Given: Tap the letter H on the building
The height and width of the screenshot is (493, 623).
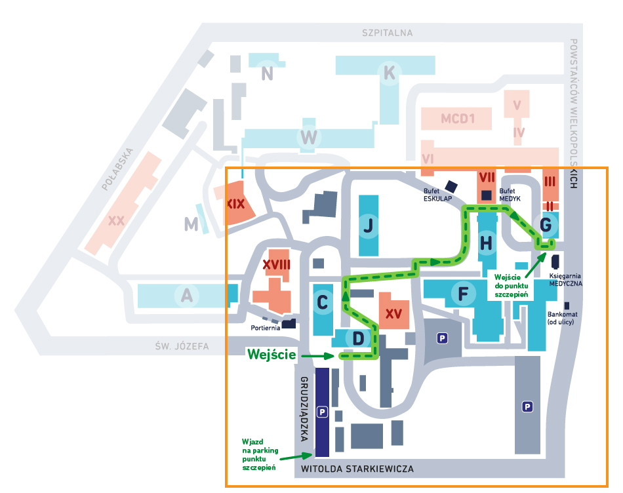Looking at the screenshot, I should [486, 243].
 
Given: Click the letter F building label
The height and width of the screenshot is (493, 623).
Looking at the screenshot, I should [463, 294].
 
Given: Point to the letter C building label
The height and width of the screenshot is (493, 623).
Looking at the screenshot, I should [322, 303].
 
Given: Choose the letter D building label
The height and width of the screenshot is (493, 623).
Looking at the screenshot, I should [358, 338].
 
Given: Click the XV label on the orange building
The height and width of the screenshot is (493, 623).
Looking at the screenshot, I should [393, 313].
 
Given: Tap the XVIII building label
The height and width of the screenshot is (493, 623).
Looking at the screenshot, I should [277, 264].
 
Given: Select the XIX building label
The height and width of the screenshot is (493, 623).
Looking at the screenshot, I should [236, 204].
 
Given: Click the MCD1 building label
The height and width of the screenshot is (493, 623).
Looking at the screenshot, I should [457, 119].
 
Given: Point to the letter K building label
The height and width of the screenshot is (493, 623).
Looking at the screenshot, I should [390, 73].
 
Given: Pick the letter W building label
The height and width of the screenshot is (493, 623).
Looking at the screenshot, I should [308, 138].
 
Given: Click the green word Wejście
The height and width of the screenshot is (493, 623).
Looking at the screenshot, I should [271, 355].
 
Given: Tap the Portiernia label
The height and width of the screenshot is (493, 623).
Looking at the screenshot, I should [266, 327].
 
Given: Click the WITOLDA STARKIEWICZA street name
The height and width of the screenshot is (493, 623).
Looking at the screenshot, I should [357, 469].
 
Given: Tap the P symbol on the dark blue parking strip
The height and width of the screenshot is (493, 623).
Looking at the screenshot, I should [321, 412].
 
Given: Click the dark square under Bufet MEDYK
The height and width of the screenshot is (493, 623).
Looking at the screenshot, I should [486, 195].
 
